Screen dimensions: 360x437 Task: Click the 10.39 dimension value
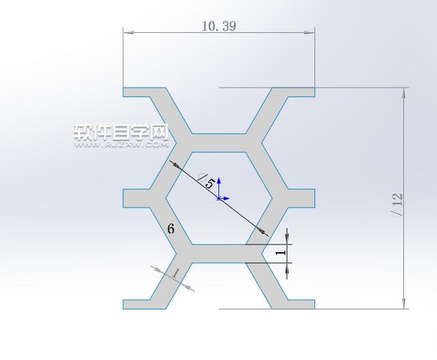pos(219,26)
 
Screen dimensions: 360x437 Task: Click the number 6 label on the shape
pos(171,229)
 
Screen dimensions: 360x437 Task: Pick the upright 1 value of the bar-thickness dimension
pos(278,253)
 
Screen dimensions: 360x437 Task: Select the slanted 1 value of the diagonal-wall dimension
pos(175,274)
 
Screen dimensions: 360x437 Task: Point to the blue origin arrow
pos(219,184)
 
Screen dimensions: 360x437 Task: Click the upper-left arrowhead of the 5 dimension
pos(173,164)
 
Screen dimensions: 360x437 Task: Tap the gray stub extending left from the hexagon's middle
pos(140,198)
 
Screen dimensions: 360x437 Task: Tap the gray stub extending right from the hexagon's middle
pos(298,198)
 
